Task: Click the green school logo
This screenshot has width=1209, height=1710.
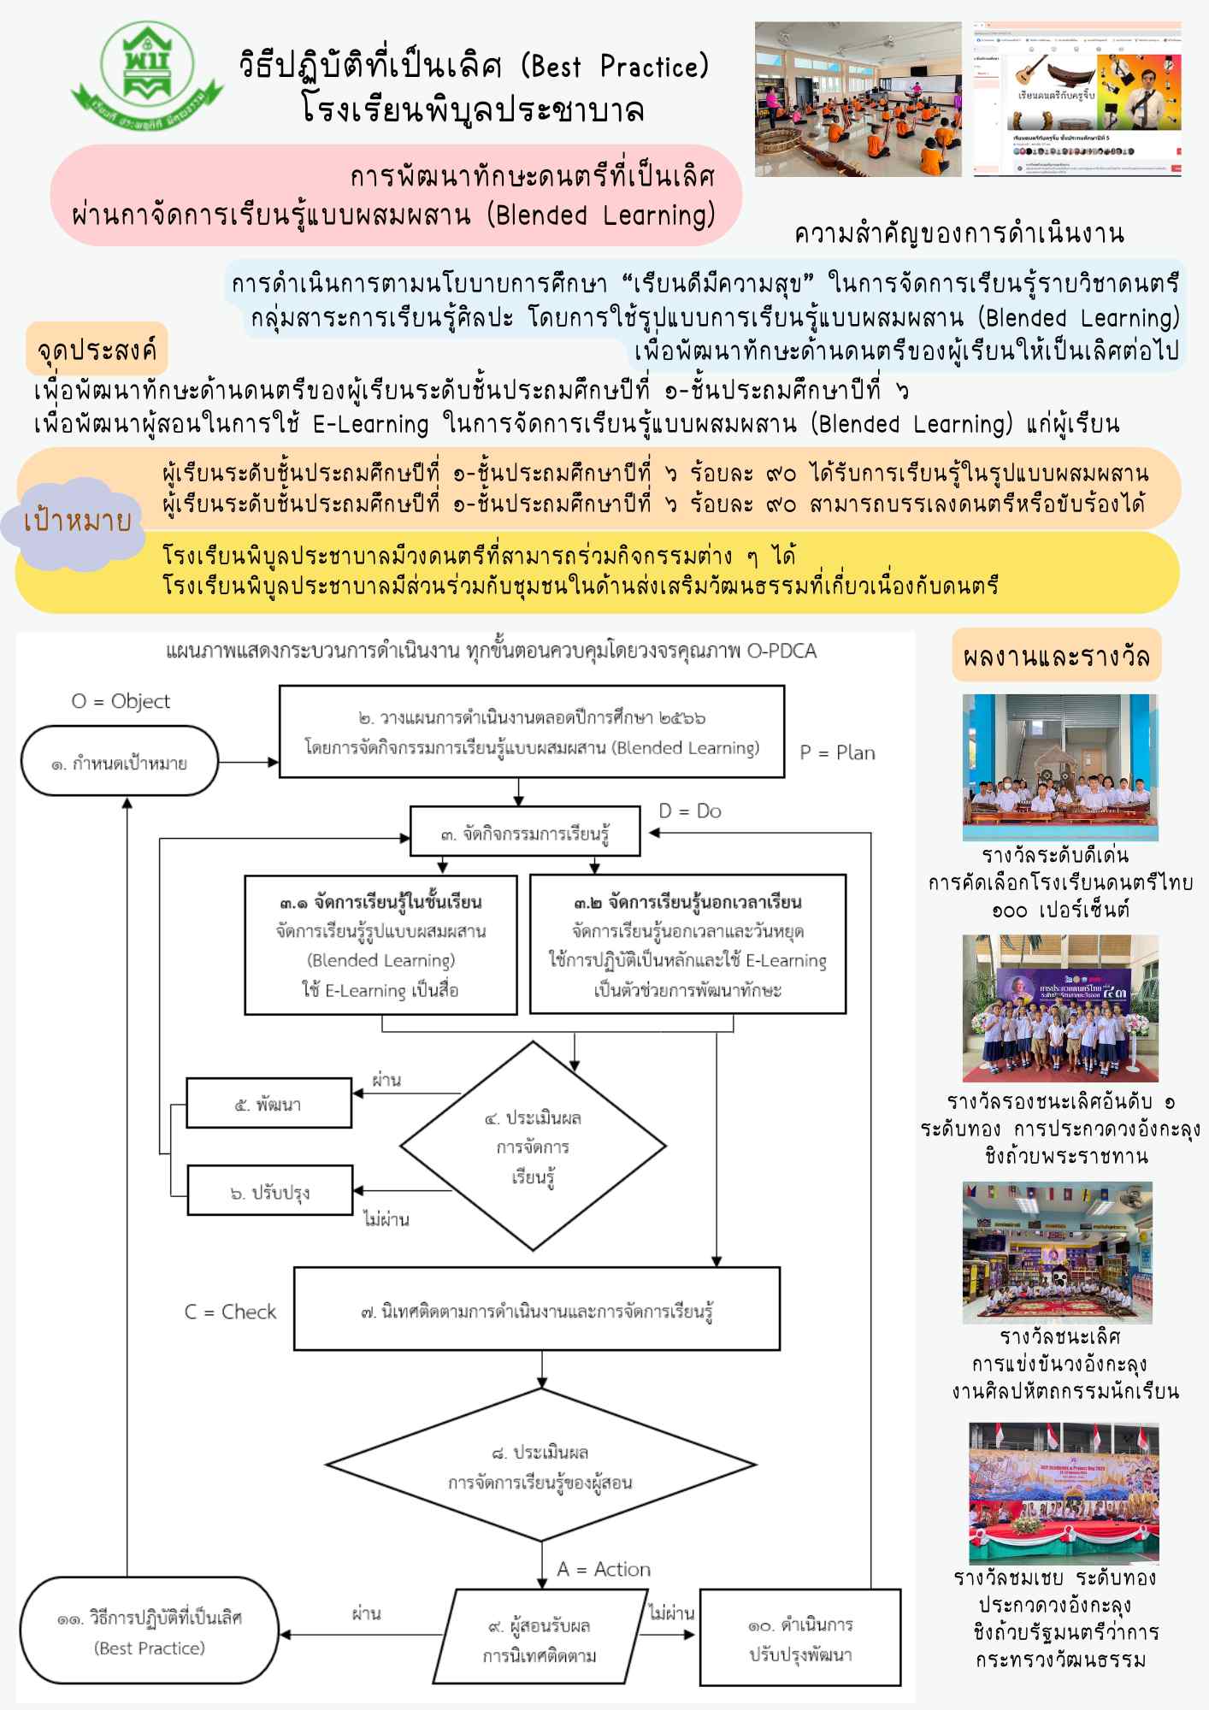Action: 147,75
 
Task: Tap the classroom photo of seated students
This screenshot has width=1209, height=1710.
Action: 858,99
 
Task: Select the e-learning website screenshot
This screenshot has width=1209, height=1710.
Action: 1077,99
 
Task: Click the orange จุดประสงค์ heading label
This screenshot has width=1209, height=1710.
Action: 96,350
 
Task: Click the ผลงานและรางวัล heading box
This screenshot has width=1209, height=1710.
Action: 1056,656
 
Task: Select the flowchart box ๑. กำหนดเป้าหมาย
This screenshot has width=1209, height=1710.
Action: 119,763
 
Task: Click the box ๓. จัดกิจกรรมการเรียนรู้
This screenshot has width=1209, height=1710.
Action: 525,832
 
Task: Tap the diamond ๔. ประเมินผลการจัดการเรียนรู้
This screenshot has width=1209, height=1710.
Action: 533,1147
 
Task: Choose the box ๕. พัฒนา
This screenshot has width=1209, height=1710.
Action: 268,1104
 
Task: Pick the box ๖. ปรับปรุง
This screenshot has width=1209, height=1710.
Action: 269,1191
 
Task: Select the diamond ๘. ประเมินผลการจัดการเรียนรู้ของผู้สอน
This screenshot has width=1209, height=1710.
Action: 540,1467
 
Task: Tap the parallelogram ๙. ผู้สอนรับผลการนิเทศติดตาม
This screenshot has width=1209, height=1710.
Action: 540,1638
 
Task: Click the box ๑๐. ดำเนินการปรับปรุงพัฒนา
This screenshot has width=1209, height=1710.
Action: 800,1638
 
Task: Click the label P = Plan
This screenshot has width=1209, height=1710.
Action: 837,752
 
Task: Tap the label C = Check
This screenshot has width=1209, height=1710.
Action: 230,1312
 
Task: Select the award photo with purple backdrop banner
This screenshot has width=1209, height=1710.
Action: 1060,1009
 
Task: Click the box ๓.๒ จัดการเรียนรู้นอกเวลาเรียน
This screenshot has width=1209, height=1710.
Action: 687,945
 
